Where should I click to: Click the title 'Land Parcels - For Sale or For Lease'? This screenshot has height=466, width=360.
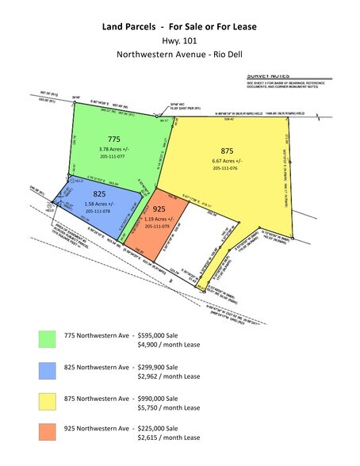(179, 27)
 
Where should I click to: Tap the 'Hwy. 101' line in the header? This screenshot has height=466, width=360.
(179, 42)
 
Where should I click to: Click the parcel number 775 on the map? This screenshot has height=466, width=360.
(115, 138)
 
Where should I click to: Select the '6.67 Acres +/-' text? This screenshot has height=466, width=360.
(231, 161)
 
